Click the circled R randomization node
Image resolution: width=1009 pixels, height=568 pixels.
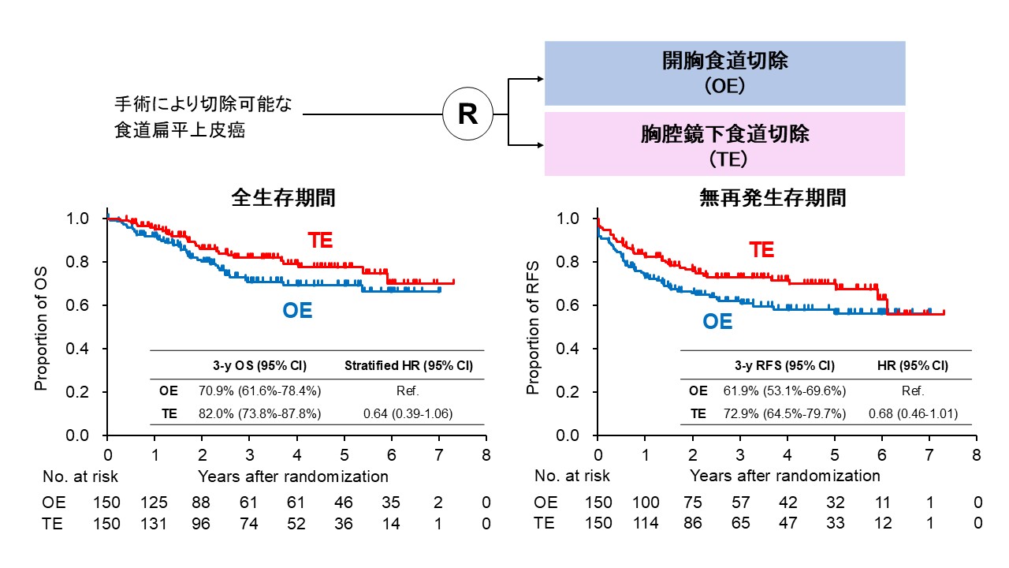(467, 114)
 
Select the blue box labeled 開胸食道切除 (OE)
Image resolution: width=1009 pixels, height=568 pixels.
(724, 73)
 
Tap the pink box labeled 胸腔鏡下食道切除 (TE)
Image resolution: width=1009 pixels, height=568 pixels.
(724, 144)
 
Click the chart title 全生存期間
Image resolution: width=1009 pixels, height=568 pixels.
(283, 197)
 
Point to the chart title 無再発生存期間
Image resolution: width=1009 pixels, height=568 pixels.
(773, 197)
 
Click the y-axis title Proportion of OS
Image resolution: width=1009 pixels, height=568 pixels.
(41, 327)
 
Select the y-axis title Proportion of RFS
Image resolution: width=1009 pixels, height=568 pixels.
(533, 327)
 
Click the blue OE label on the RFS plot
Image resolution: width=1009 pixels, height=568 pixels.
(717, 322)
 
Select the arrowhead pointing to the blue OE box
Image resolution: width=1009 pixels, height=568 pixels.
(539, 79)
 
